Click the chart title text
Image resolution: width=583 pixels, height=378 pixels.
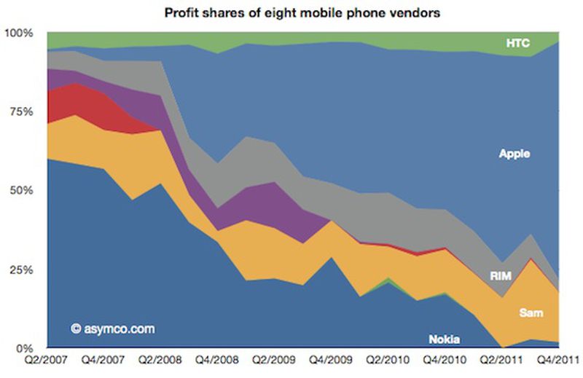pyautogui.click(x=300, y=13)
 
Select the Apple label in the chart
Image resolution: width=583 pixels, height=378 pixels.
pyautogui.click(x=514, y=154)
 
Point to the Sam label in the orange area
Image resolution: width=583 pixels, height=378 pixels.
pyautogui.click(x=530, y=312)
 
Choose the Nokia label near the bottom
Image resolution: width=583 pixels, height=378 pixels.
pyautogui.click(x=444, y=339)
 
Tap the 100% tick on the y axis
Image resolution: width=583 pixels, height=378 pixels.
pyautogui.click(x=18, y=34)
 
